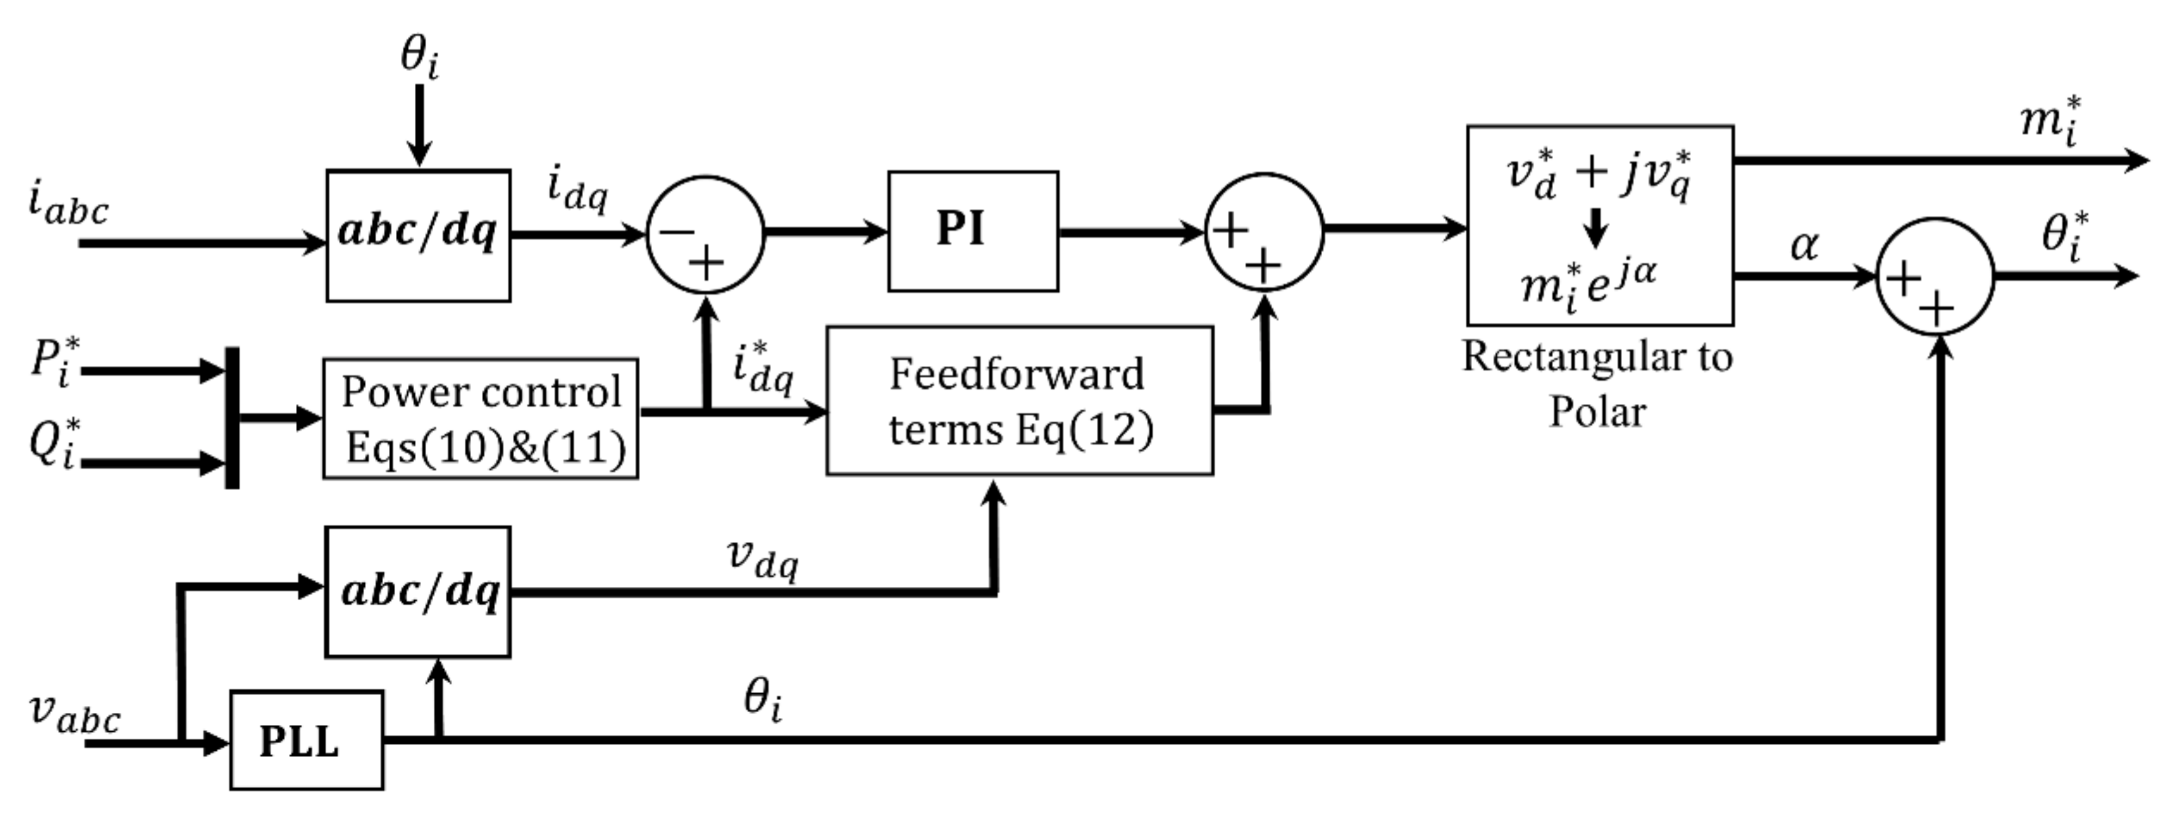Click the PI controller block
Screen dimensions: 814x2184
tap(972, 231)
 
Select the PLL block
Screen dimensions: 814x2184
tap(306, 740)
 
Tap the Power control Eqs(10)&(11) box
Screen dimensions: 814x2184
tap(480, 419)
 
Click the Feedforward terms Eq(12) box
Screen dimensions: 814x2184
tap(1019, 400)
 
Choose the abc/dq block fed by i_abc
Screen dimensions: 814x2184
tap(418, 235)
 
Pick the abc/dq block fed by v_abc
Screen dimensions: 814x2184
tap(418, 591)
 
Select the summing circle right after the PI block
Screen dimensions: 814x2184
tap(1263, 231)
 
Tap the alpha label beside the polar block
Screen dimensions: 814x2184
tap(1803, 246)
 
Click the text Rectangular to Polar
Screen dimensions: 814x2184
tap(1597, 384)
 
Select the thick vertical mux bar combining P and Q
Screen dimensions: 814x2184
tap(231, 417)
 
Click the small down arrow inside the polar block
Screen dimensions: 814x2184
tap(1595, 227)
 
